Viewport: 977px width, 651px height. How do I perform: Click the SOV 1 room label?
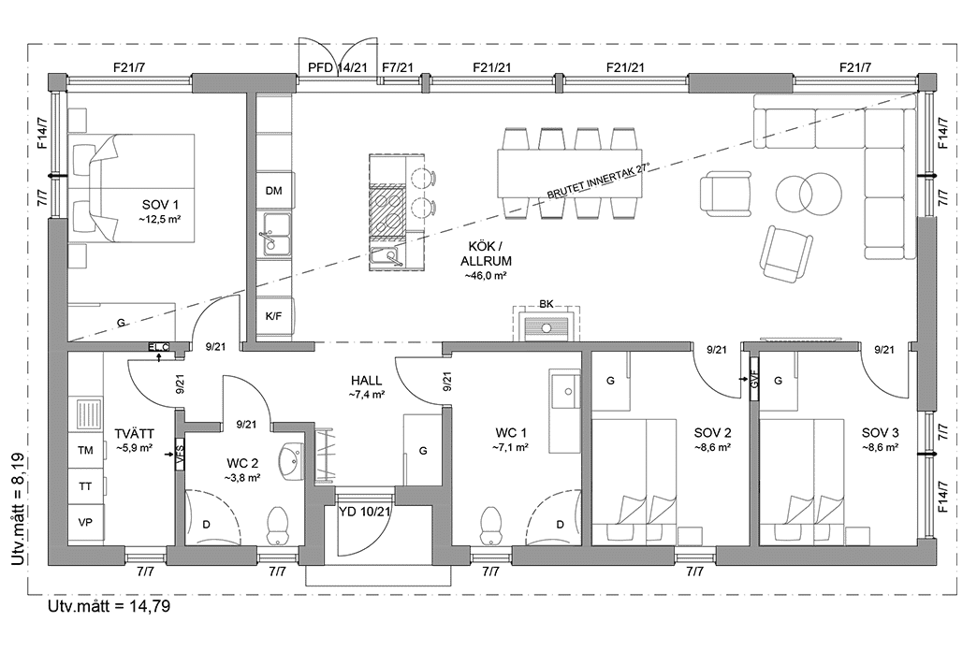tap(160, 205)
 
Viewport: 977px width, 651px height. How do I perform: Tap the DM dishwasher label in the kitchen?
tap(273, 191)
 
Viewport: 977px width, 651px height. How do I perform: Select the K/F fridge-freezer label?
tap(273, 316)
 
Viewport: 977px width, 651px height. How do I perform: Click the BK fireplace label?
tap(547, 304)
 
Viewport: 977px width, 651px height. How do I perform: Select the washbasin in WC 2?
tap(292, 462)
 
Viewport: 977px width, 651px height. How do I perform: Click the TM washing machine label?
tap(85, 451)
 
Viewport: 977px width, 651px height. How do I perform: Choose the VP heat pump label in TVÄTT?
tap(85, 523)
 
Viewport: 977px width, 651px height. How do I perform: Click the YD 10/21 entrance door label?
tap(365, 512)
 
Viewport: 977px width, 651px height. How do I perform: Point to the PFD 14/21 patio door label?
tap(338, 67)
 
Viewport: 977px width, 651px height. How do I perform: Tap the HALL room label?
tap(367, 381)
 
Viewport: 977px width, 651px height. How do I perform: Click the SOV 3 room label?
tap(880, 433)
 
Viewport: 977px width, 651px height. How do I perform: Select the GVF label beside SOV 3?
tap(754, 378)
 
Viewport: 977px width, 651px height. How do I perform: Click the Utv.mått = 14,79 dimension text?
tap(109, 605)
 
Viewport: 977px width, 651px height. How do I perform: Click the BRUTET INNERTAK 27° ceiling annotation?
tap(598, 181)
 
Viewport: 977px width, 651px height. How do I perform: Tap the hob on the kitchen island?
tap(386, 211)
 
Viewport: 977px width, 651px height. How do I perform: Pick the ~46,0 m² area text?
tap(484, 275)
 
